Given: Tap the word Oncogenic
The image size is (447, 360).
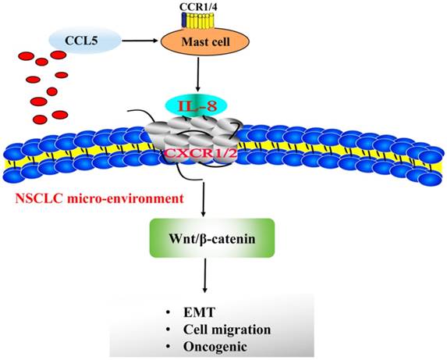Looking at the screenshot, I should pyautogui.click(x=231, y=344).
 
